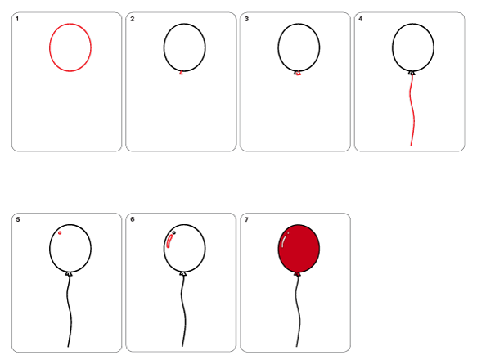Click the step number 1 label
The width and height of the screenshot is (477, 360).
[17, 19]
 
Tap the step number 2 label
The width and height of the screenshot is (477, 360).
[132, 19]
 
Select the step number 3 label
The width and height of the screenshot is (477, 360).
[246, 19]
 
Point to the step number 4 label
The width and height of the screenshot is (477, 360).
[361, 19]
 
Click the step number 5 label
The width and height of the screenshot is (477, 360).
[18, 219]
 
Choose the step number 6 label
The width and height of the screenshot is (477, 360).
[133, 219]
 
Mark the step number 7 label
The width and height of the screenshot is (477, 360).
[246, 219]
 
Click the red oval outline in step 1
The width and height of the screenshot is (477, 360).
[50, 47]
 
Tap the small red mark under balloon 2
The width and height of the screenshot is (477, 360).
[182, 73]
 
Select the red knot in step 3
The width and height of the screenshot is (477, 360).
[299, 74]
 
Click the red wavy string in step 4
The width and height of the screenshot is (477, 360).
[413, 110]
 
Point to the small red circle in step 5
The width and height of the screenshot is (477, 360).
[60, 233]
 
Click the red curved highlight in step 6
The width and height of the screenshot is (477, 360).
[169, 241]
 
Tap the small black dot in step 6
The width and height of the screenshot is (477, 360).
[174, 233]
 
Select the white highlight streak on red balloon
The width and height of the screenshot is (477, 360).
[284, 241]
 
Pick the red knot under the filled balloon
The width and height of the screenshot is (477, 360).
[297, 274]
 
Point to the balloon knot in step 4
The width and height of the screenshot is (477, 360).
[412, 74]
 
